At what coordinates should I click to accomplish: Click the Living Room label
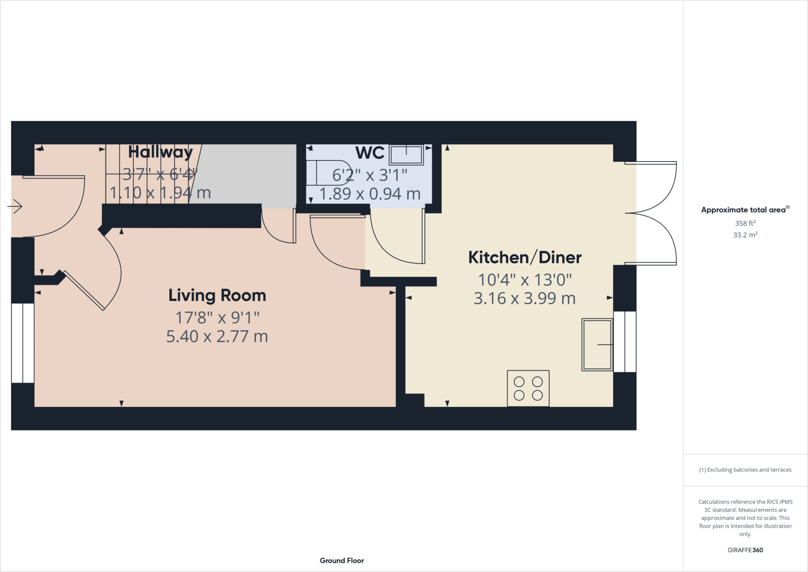point(217,296)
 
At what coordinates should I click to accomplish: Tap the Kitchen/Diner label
point(525,258)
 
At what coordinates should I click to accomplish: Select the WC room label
point(370,153)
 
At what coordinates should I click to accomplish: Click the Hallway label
point(160,152)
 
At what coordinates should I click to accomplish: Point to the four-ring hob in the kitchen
point(528,388)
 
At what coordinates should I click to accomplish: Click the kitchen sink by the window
point(597,345)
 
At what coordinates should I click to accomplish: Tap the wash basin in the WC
point(406,155)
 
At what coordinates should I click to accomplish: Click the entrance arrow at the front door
point(15,206)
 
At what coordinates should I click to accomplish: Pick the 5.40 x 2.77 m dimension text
point(217,337)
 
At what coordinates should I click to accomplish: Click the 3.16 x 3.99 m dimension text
point(525,298)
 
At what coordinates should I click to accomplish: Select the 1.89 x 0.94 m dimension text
point(370,194)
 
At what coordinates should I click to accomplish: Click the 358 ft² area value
point(745,223)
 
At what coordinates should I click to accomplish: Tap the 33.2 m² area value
point(745,235)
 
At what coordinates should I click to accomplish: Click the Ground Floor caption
point(342,561)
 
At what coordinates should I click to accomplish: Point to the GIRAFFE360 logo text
point(745,550)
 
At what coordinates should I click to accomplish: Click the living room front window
point(22,343)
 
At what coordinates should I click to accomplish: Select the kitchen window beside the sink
point(625,341)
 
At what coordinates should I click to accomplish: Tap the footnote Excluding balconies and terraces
point(745,470)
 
